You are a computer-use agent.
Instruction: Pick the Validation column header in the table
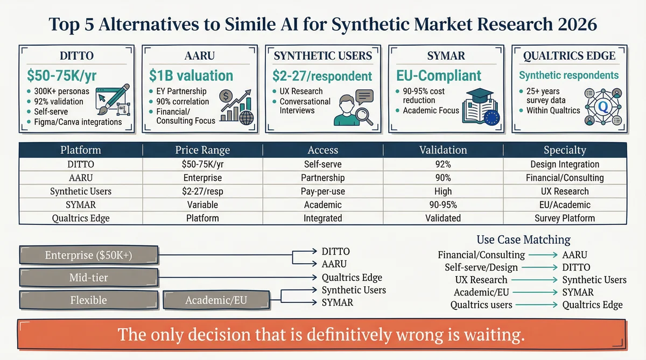(443, 150)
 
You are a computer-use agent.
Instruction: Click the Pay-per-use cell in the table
(322, 191)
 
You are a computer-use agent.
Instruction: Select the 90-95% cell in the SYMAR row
(443, 204)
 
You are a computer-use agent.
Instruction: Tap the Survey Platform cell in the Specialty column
(565, 218)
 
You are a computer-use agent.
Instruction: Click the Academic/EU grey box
(215, 300)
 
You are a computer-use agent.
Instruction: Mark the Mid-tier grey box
(88, 278)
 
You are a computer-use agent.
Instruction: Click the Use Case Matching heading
(523, 239)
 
